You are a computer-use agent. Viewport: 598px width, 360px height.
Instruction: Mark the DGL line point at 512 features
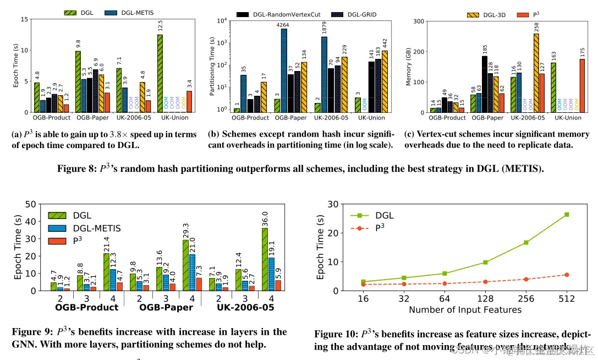coord(566,215)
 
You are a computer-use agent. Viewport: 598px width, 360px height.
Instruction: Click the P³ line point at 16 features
coord(363,284)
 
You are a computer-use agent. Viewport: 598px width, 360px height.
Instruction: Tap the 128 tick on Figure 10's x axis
coord(485,299)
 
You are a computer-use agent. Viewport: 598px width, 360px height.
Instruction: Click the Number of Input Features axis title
coord(465,310)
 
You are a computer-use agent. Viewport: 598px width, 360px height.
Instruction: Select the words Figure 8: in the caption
coord(76,169)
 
